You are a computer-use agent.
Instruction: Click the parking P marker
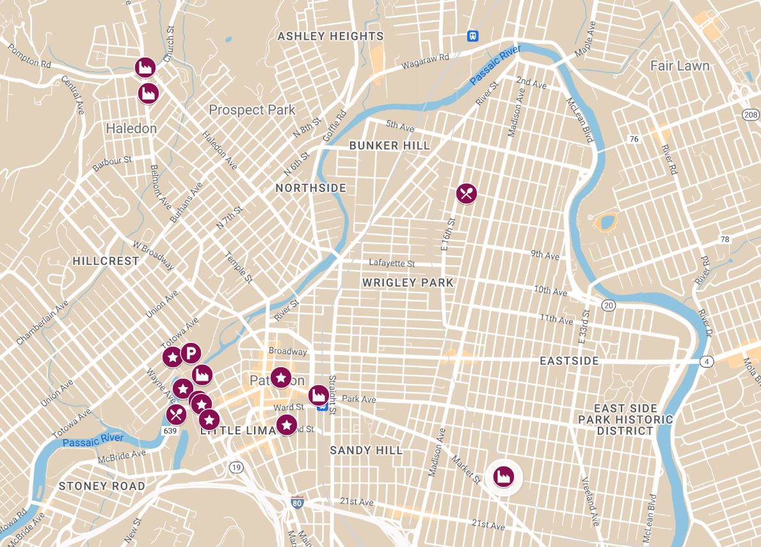[x=191, y=353]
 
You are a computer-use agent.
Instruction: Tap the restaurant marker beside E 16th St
[x=467, y=193]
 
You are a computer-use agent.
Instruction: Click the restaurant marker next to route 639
[x=176, y=415]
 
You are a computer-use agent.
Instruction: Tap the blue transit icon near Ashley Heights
[x=473, y=36]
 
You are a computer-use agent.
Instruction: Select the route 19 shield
[x=237, y=467]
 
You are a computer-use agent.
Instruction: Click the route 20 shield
[x=608, y=306]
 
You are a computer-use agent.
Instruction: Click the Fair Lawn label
[x=679, y=66]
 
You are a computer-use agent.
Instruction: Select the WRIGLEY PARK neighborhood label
[x=407, y=282]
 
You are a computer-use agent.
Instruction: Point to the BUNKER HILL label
[x=389, y=146]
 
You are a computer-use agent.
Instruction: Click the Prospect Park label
[x=252, y=110]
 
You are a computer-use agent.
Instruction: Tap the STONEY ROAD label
[x=102, y=486]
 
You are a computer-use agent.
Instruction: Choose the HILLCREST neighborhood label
[x=106, y=261]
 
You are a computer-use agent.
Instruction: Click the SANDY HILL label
[x=366, y=450]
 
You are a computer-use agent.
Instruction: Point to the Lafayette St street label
[x=392, y=263]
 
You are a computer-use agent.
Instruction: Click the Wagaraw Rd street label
[x=425, y=61]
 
